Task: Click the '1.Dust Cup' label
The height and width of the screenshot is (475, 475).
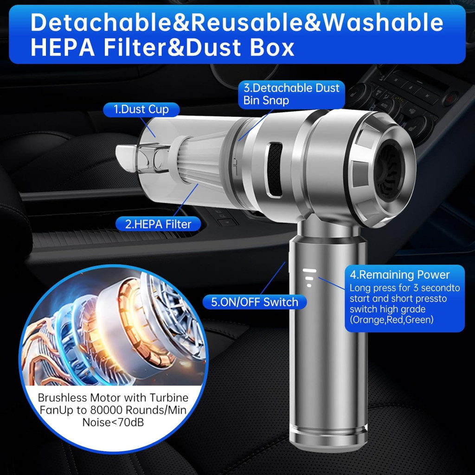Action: (x=141, y=109)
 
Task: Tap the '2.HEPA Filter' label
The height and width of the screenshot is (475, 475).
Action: (x=158, y=224)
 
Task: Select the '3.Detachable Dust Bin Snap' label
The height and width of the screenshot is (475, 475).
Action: (x=291, y=94)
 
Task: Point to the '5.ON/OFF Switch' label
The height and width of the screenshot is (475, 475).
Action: (x=255, y=302)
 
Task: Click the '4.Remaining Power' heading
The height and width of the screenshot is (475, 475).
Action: (x=399, y=275)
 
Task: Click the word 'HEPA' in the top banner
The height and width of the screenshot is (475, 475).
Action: (x=63, y=47)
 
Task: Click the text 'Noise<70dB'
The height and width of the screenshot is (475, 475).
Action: (x=113, y=422)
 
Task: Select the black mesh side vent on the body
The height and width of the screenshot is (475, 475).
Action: (x=275, y=169)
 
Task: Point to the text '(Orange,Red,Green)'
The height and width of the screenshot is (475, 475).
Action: (x=392, y=320)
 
